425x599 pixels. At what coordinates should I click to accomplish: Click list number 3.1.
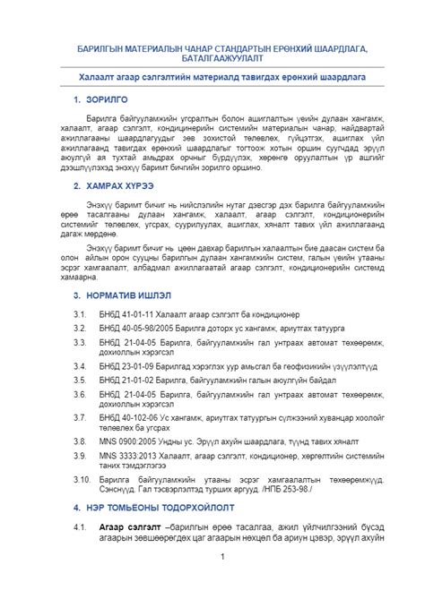coord(80,315)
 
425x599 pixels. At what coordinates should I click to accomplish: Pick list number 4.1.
coord(80,526)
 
